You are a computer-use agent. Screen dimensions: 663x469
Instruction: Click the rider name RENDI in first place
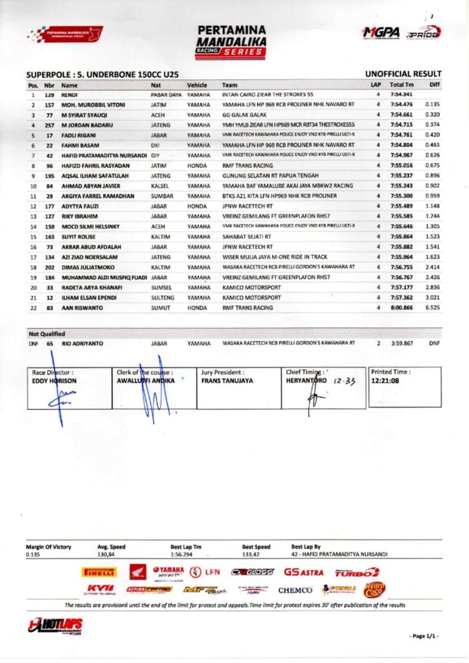click(x=69, y=95)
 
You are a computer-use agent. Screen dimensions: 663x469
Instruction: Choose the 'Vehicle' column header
click(x=197, y=85)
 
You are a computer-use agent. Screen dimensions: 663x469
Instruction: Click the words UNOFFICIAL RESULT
click(x=403, y=74)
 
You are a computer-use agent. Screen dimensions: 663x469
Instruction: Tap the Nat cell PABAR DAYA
click(x=165, y=95)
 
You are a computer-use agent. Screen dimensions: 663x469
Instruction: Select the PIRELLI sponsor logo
click(x=99, y=572)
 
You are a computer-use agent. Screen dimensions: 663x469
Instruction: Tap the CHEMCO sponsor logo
click(x=295, y=590)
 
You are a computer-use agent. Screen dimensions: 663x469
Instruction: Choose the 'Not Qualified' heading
click(x=47, y=333)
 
